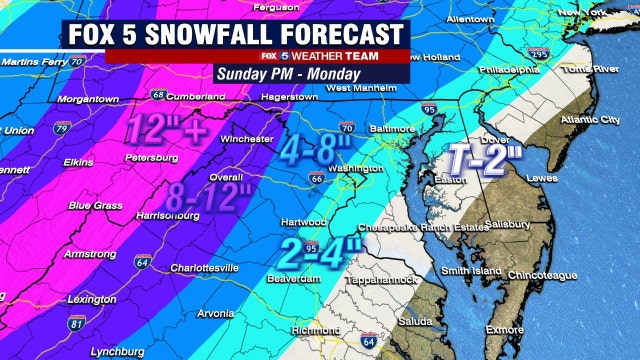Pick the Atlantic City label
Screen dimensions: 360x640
584,122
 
